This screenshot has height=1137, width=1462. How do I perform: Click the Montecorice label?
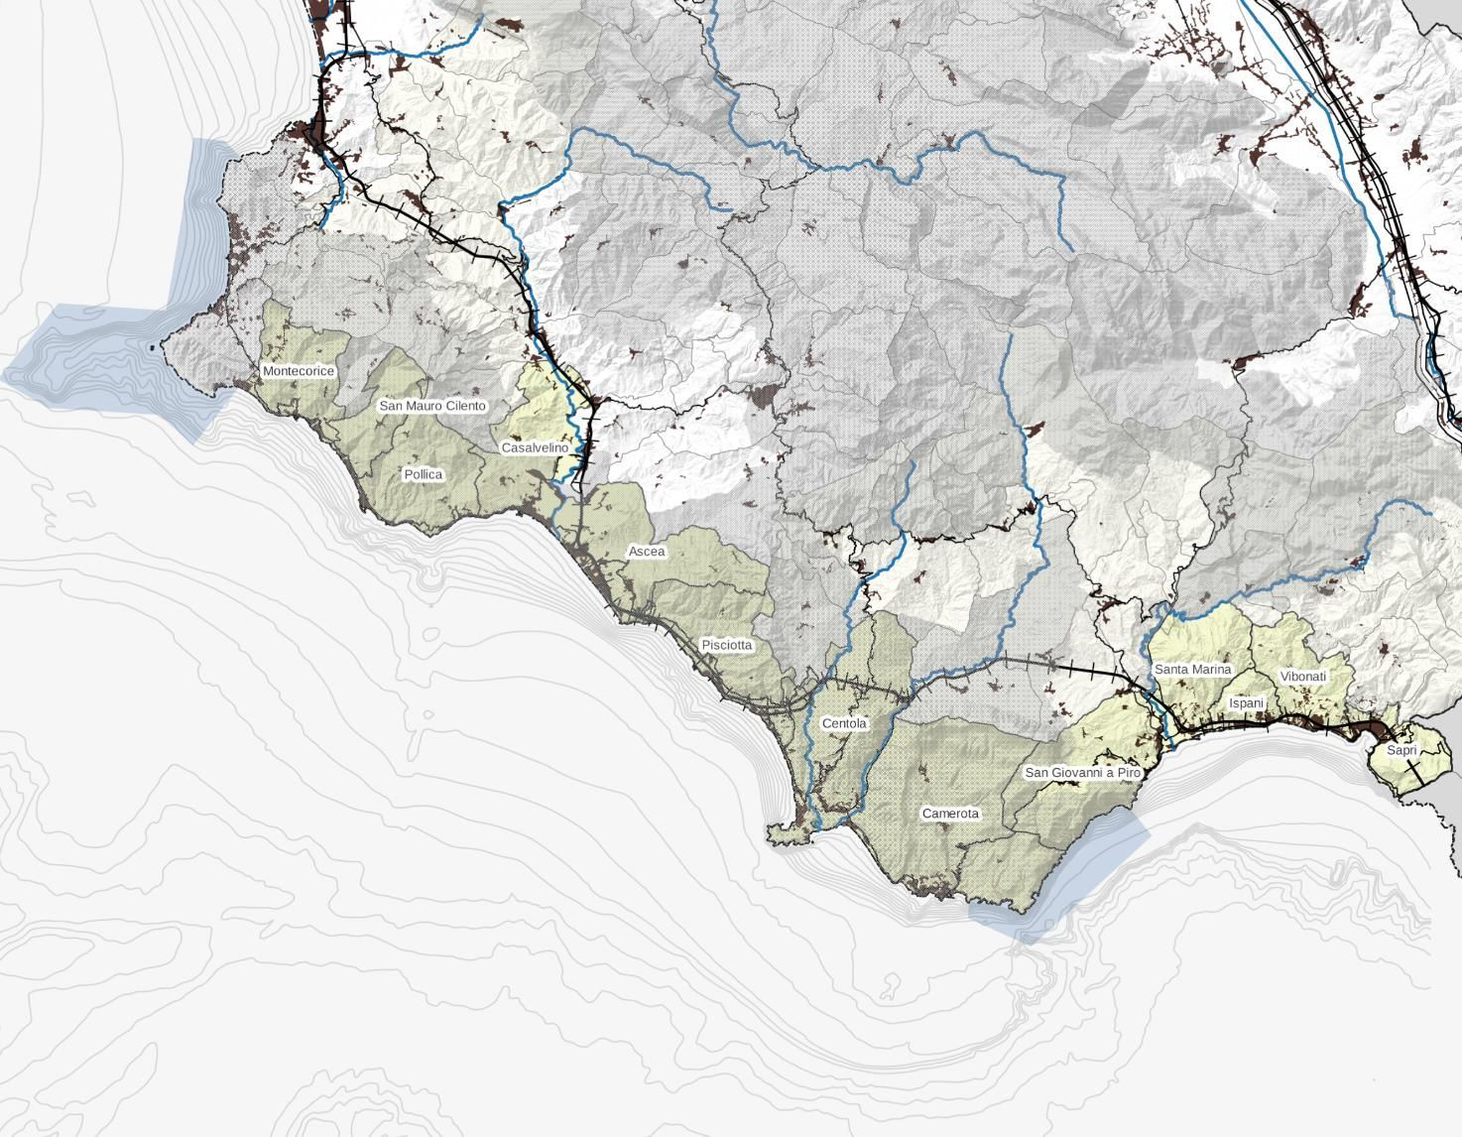[x=299, y=371]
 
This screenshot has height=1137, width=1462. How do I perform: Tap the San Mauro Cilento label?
[x=432, y=406]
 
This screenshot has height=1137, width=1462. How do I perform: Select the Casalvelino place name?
[x=535, y=447]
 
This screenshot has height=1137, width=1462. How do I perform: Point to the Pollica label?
[x=424, y=474]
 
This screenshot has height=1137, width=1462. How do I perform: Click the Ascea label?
[x=647, y=551]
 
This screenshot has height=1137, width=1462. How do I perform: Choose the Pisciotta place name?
[x=727, y=645]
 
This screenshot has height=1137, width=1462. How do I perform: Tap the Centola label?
[x=844, y=723]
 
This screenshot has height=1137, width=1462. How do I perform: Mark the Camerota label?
[x=950, y=814]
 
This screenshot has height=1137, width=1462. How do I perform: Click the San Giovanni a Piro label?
[x=1082, y=772]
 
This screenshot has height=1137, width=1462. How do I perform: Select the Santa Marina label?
[x=1192, y=670]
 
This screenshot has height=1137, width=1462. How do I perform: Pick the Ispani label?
[x=1247, y=702]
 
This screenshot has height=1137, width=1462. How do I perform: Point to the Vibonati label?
[x=1303, y=677]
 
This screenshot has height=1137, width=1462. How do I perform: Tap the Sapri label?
[x=1401, y=750]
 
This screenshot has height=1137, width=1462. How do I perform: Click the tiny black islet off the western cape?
[x=152, y=347]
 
